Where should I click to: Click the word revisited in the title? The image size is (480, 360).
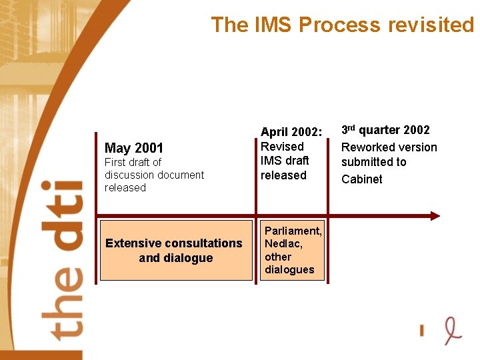(434, 25)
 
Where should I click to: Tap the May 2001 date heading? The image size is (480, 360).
(134, 148)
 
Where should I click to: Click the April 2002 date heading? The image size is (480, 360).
(291, 132)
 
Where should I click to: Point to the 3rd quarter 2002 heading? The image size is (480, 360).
(385, 130)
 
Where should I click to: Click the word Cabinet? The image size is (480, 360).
(362, 179)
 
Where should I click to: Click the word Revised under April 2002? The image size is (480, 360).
(282, 147)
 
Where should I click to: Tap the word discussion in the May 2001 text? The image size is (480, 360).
(133, 175)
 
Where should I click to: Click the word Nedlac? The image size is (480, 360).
(283, 244)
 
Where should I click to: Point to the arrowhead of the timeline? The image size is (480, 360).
(435, 215)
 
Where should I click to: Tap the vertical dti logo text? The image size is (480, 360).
(67, 260)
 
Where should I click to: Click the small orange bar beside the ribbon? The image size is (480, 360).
(422, 329)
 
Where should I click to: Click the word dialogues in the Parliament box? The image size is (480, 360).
(289, 269)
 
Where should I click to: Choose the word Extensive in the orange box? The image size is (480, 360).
(133, 243)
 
